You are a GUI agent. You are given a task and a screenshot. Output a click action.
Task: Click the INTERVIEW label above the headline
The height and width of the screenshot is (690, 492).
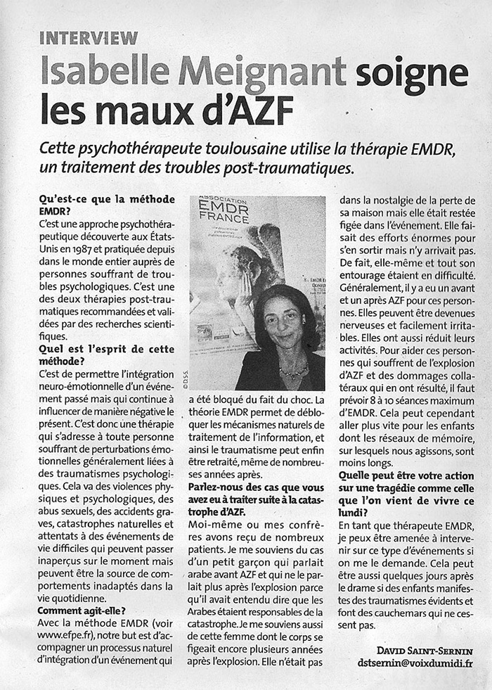coord(89,38)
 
